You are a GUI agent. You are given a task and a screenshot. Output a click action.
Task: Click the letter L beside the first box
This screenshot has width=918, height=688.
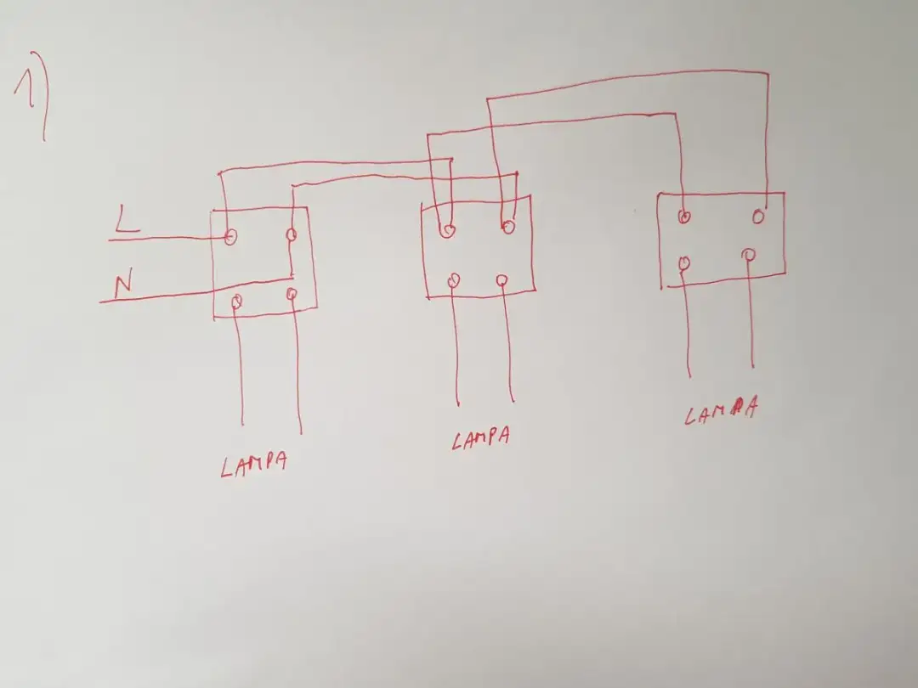tap(126, 219)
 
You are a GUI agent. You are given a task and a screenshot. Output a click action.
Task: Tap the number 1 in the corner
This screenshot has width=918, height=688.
tap(25, 87)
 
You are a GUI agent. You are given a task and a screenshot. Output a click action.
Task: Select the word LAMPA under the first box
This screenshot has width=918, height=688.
tap(254, 464)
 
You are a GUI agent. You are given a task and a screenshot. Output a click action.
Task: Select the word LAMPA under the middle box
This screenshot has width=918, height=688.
tap(480, 438)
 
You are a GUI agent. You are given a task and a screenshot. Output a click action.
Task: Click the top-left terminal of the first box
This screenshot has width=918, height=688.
tap(230, 236)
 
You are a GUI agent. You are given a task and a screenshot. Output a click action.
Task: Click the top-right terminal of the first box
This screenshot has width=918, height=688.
tap(291, 235)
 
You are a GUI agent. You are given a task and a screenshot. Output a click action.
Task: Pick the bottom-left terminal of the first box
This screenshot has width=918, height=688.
tap(236, 302)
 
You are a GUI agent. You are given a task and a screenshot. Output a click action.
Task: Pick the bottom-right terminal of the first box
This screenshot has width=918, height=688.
tap(292, 294)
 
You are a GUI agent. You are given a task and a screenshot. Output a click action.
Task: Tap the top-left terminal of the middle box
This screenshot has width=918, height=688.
tap(447, 230)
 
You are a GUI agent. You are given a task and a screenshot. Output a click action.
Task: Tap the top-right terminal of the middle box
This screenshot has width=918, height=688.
tap(507, 226)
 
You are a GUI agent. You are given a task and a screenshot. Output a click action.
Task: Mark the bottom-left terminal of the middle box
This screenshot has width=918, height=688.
tap(454, 281)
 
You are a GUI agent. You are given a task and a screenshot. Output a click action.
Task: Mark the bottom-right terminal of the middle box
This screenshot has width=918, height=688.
tap(501, 281)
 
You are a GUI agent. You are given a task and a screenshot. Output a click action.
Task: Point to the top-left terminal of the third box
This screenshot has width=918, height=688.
tap(683, 217)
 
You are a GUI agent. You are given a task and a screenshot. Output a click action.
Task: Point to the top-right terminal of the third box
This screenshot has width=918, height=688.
tap(759, 217)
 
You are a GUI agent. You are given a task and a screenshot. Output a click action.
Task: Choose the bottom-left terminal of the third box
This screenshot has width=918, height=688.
tap(684, 263)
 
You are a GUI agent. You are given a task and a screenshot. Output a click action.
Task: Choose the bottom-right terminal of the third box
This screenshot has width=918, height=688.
tap(748, 255)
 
